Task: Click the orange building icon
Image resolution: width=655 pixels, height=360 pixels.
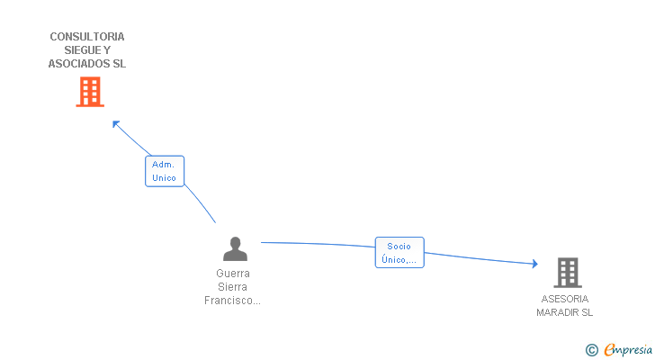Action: pos(89,92)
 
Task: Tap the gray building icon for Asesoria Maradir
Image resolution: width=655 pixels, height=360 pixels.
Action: pos(567,272)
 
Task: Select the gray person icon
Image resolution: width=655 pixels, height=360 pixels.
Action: pos(235,248)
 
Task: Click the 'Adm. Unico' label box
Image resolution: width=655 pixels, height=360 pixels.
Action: pos(165,171)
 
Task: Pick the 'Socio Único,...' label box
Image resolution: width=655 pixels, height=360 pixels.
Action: pos(399,253)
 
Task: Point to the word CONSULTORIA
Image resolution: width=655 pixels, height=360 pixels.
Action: pos(87,37)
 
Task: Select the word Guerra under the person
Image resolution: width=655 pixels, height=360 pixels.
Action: pos(233,273)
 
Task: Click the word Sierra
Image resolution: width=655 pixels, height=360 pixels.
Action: pos(233,286)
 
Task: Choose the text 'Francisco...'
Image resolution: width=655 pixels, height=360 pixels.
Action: pos(233,301)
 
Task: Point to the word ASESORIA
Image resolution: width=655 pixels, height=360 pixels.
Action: pos(565,299)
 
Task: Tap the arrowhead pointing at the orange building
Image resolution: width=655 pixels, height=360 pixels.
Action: pos(114,122)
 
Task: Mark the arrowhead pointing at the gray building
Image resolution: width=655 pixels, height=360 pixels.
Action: pos(534,264)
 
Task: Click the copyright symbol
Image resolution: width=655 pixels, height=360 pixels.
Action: pos(591,350)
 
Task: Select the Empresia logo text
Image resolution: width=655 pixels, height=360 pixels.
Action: pos(628,350)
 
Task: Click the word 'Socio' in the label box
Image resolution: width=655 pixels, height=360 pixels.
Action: pos(399,246)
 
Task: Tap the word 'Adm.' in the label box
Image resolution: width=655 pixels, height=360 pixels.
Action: pos(163,165)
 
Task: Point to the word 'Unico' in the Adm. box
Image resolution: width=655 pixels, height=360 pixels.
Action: pos(165,177)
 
